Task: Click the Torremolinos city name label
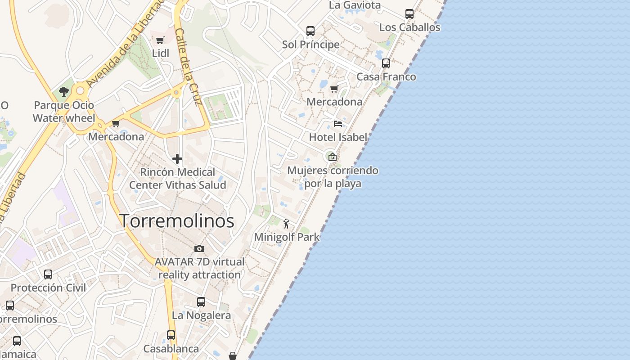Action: click(x=177, y=221)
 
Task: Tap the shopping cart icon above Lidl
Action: click(x=160, y=40)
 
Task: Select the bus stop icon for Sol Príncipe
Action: click(x=310, y=31)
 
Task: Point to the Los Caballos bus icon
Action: click(x=409, y=14)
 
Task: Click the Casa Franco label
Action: click(x=386, y=77)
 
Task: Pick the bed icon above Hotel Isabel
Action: click(x=338, y=124)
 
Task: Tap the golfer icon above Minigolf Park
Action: click(x=286, y=223)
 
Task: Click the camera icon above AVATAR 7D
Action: click(x=199, y=248)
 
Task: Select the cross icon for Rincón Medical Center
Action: click(x=177, y=159)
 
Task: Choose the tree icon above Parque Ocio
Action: click(x=64, y=92)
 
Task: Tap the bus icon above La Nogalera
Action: click(x=201, y=302)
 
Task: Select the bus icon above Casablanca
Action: click(x=171, y=335)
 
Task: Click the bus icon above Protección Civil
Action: click(x=48, y=274)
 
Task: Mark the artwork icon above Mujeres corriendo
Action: click(x=332, y=157)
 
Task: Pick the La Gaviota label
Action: click(x=355, y=5)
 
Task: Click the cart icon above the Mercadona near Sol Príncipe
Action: click(x=334, y=89)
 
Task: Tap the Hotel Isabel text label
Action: click(x=338, y=137)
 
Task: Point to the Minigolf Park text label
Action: click(x=287, y=237)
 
